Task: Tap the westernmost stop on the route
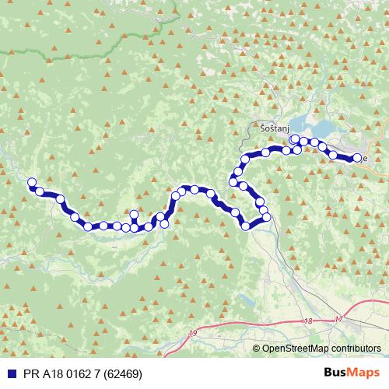click(32, 183)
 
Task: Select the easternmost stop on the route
click(358, 158)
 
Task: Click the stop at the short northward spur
click(134, 215)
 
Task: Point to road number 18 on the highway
click(309, 321)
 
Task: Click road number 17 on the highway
click(338, 319)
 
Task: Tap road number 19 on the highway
click(193, 333)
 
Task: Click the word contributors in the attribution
click(354, 349)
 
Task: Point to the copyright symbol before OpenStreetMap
click(257, 349)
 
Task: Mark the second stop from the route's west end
click(40, 191)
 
